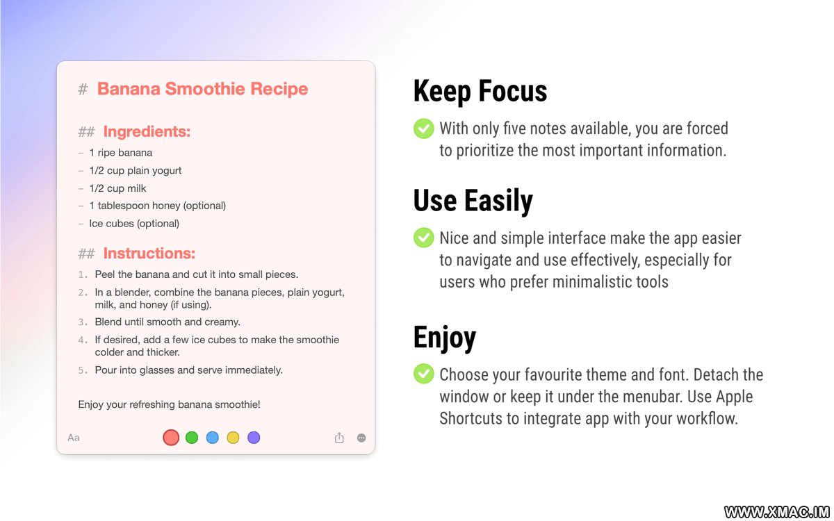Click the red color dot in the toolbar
(x=171, y=438)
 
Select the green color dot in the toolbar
(x=192, y=438)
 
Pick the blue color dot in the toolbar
(x=212, y=438)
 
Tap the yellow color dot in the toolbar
(x=233, y=438)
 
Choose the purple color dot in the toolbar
(x=254, y=438)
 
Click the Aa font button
(x=74, y=438)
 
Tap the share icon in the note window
(x=339, y=438)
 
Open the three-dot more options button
(x=361, y=438)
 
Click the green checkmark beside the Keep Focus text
(x=424, y=129)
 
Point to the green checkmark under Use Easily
(x=424, y=238)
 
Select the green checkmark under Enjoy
(x=424, y=374)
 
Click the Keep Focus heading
(x=480, y=92)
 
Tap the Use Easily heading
(x=473, y=201)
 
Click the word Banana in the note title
(x=129, y=89)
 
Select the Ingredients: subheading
(x=147, y=132)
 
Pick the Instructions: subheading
(x=149, y=254)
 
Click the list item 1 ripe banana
(x=121, y=153)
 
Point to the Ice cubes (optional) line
(x=134, y=224)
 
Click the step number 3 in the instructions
(x=81, y=322)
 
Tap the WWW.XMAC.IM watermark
(x=777, y=512)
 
